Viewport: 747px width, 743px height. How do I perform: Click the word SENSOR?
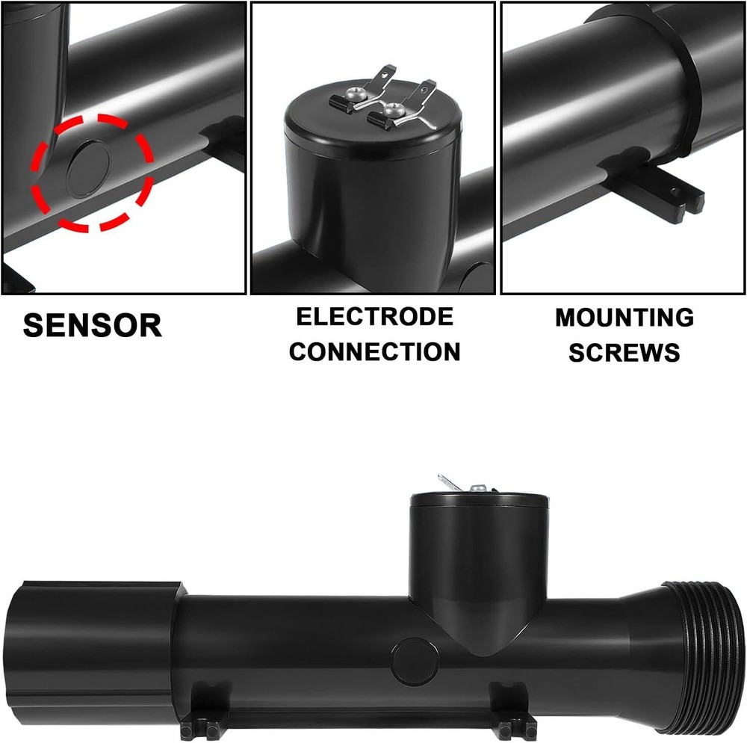(x=92, y=325)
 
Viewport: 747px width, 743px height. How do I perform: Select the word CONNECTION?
(x=374, y=351)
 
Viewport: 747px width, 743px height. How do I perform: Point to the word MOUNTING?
(x=624, y=317)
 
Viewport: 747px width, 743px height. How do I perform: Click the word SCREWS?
(x=624, y=352)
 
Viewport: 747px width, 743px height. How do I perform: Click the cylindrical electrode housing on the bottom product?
(x=478, y=553)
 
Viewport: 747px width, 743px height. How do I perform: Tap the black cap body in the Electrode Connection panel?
(x=372, y=194)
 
